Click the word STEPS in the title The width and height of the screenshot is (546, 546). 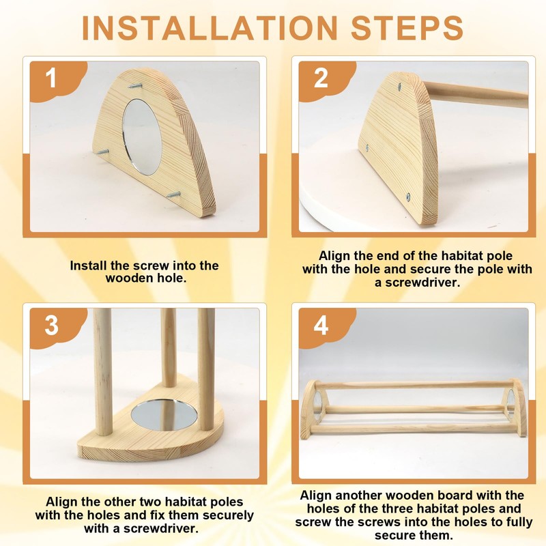(x=407, y=28)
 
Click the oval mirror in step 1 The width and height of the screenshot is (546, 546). (x=143, y=136)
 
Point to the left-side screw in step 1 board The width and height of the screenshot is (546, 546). (x=102, y=152)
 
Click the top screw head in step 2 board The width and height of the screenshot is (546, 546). (x=399, y=87)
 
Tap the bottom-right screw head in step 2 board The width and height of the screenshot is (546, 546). (x=408, y=197)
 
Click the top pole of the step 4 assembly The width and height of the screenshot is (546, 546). (x=414, y=385)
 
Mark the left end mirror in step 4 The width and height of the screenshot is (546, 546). (x=317, y=405)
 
